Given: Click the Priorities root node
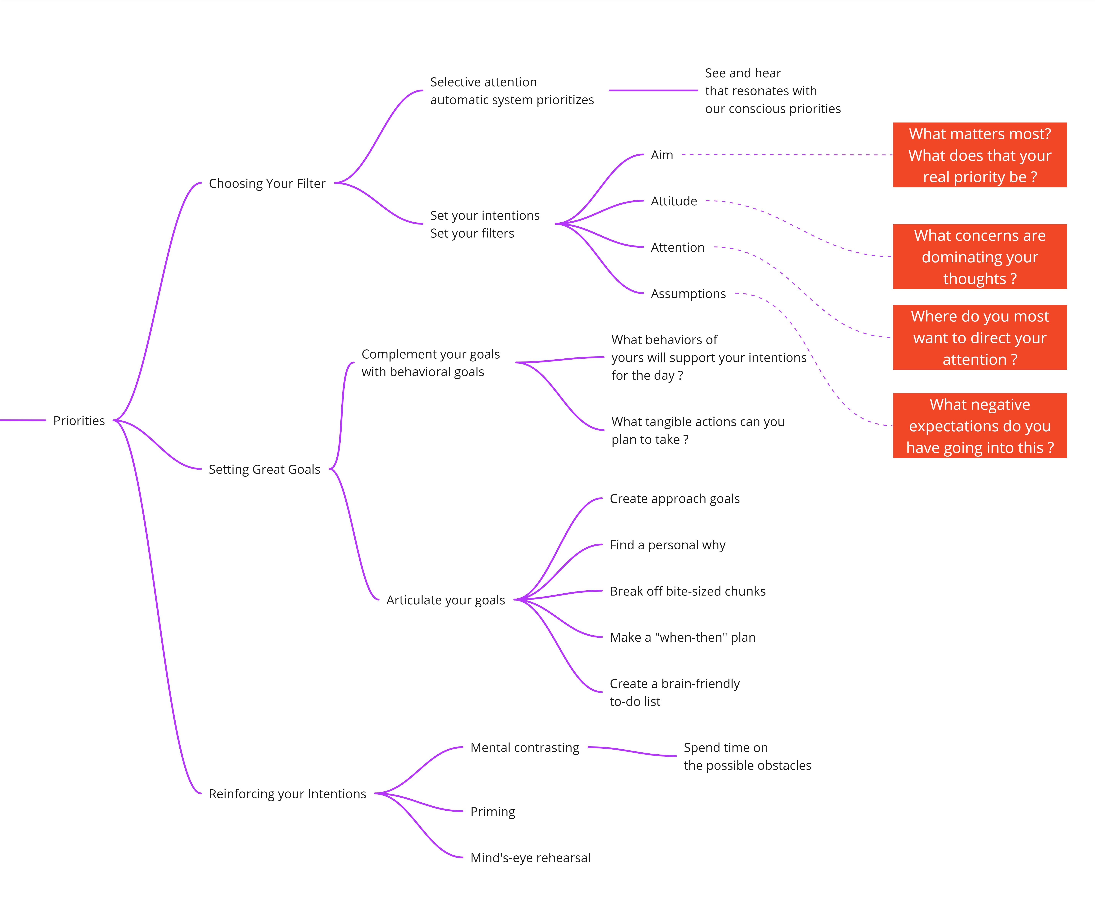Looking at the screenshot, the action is tap(79, 421).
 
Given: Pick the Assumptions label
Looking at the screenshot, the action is tap(688, 294).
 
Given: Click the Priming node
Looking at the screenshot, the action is tap(493, 812).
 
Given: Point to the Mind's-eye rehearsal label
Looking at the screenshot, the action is tap(530, 858).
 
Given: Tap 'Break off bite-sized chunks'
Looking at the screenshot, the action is tap(688, 591).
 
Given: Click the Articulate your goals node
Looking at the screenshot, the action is tap(446, 600).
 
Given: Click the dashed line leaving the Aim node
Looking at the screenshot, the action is tap(787, 155).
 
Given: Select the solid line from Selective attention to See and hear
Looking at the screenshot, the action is tap(653, 91).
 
